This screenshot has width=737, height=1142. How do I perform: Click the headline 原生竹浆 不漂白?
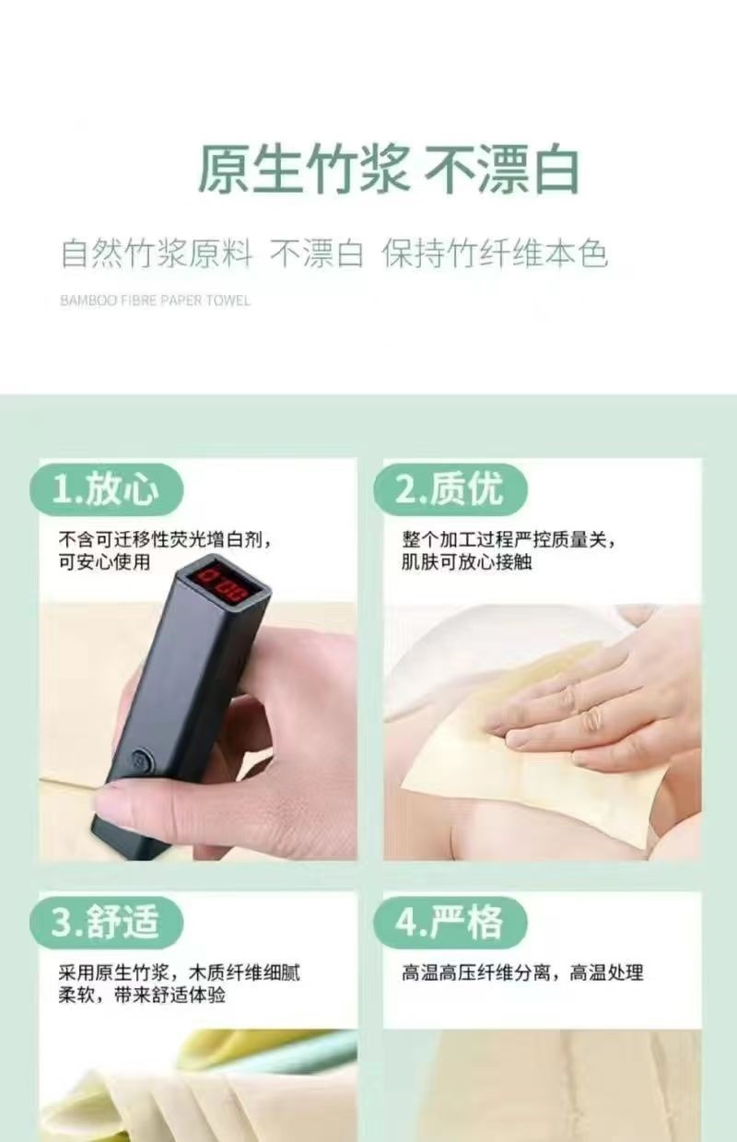pos(389,169)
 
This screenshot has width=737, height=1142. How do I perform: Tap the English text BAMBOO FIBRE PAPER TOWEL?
pos(155,300)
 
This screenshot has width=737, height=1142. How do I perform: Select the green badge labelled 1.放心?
pos(107,489)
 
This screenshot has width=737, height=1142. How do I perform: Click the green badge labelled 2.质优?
pos(450,489)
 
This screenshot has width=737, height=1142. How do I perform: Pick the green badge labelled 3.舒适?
pos(107,923)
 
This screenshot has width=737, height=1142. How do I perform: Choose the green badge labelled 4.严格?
pos(450,923)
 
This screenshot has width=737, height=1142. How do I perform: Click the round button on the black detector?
pos(141,759)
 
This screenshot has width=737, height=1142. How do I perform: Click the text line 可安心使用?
pos(104,561)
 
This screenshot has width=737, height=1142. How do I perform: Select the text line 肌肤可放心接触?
pos(466,561)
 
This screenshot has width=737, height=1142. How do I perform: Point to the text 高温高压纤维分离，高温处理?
pos(522,972)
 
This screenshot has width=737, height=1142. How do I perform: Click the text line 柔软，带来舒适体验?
pos(142,995)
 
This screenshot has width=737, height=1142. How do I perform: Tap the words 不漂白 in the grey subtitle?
pos(317,253)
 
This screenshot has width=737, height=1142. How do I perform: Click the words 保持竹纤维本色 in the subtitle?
pos(495,253)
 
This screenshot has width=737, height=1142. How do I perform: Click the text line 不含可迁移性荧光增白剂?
pos(161,539)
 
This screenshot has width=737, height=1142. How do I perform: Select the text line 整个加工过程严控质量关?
pos(505,539)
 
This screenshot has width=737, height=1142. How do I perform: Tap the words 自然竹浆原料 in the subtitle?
pos(157,253)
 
